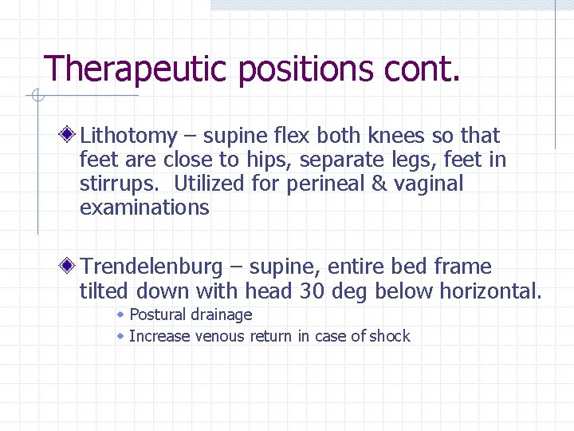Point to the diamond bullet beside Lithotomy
[x=71, y=135]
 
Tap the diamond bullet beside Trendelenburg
[x=71, y=266]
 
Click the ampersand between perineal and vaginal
[x=398, y=184]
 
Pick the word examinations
[x=144, y=208]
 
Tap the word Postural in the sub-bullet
[x=158, y=315]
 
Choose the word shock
[x=391, y=336]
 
